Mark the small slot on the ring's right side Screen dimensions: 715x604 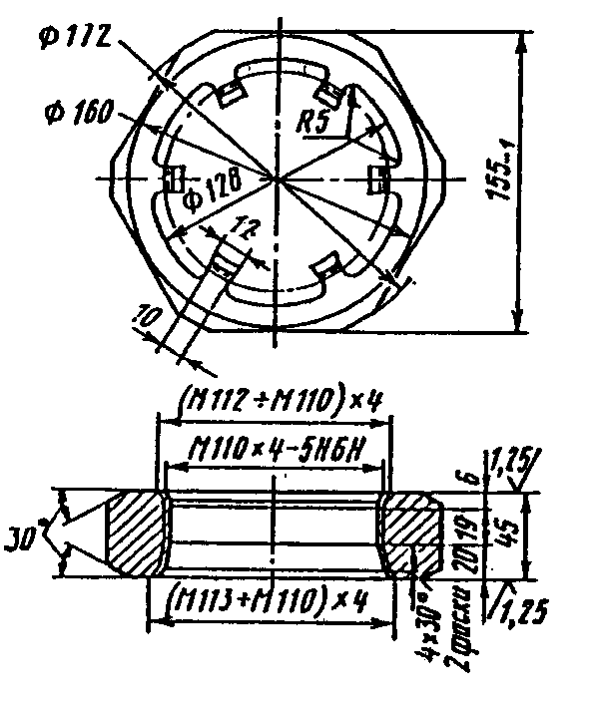(x=379, y=179)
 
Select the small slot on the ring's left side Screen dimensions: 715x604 (x=172, y=179)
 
